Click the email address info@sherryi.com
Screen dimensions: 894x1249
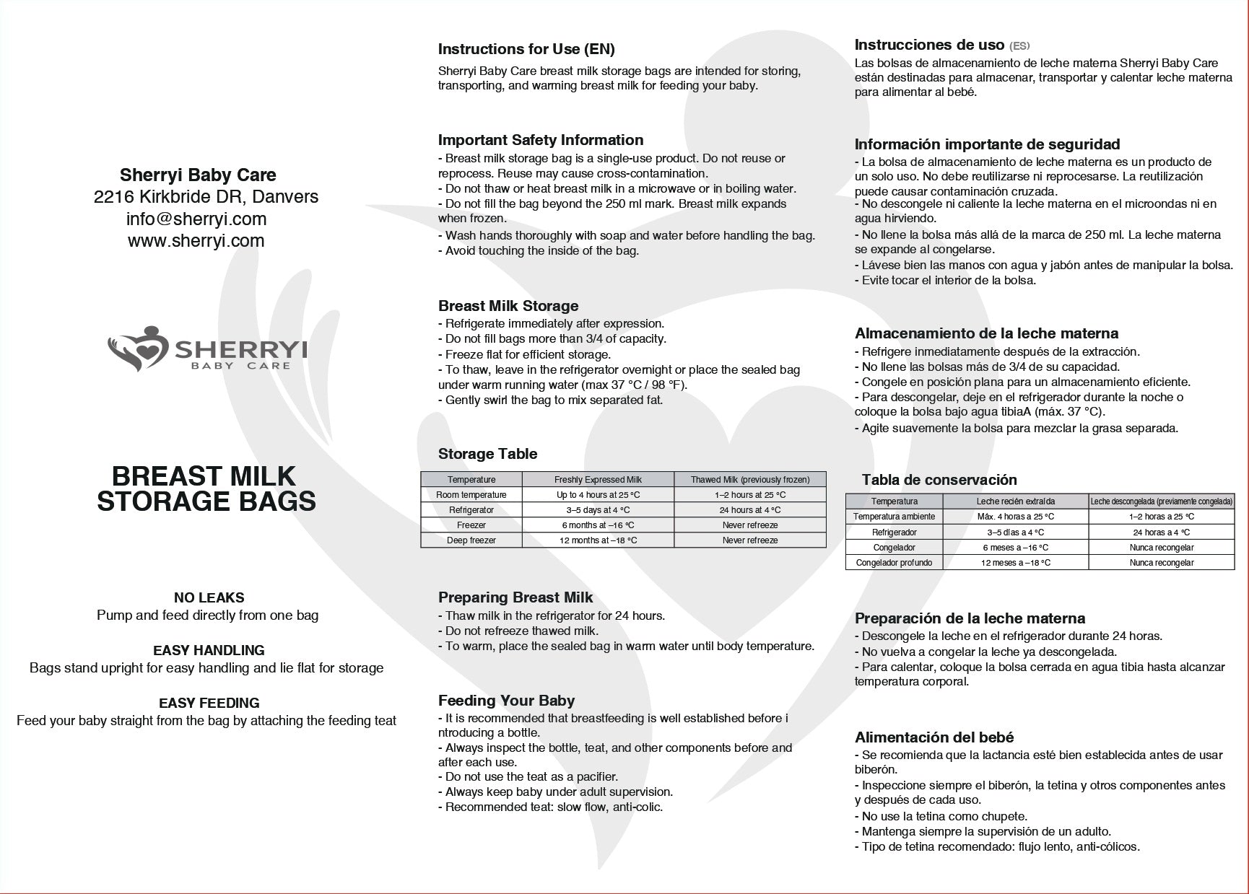point(196,219)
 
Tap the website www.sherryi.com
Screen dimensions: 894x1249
point(196,241)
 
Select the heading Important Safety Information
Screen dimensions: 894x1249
point(540,140)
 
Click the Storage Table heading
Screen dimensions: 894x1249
point(487,454)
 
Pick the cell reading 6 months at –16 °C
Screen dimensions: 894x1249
point(598,525)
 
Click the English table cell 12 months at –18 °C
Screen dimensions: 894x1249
point(598,540)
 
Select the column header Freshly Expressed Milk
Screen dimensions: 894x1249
point(598,480)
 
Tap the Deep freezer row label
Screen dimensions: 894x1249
point(471,540)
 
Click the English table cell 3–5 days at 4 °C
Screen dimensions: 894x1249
point(598,510)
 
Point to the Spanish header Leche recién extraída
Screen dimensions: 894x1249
point(1015,501)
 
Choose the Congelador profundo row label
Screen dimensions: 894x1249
point(894,563)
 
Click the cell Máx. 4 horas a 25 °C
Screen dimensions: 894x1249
point(1015,517)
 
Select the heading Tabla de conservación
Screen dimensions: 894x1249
point(939,480)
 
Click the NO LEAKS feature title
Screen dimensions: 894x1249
point(209,597)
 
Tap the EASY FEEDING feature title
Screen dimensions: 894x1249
point(209,703)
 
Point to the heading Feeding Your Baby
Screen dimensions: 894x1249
point(506,701)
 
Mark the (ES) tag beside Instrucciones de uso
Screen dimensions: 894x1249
point(1019,46)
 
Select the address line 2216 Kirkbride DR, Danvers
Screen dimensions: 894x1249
point(206,197)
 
